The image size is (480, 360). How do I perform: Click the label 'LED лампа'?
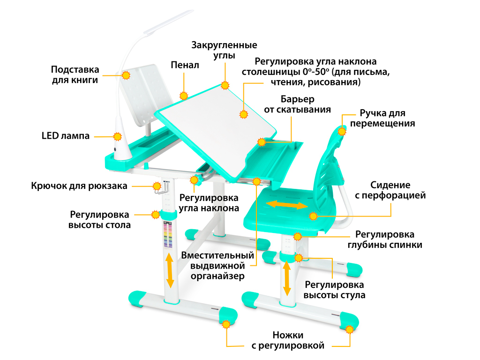pyautogui.click(x=66, y=135)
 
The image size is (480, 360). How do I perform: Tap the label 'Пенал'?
pyautogui.click(x=185, y=65)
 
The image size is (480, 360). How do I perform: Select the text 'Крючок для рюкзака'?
pyautogui.click(x=79, y=186)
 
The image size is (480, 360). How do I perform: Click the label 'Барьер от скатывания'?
pyautogui.click(x=298, y=105)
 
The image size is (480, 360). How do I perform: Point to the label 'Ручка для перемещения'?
pyautogui.click(x=382, y=118)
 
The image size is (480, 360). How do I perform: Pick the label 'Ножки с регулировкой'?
pyautogui.click(x=288, y=340)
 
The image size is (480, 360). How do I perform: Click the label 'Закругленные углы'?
pyautogui.click(x=225, y=50)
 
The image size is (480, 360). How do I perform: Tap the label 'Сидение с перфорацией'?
pyautogui.click(x=390, y=190)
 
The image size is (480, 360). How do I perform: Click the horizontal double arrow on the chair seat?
pyautogui.click(x=287, y=205)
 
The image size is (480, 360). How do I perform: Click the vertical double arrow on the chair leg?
pyautogui.click(x=287, y=278)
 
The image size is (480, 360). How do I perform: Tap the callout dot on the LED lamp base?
pyautogui.click(x=117, y=136)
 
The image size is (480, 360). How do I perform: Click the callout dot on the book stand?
pyautogui.click(x=126, y=75)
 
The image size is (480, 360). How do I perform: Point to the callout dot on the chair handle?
pyautogui.click(x=342, y=132)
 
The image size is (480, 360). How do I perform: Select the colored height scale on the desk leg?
pyautogui.click(x=168, y=234)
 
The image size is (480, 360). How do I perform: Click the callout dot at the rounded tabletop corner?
pyautogui.click(x=225, y=85)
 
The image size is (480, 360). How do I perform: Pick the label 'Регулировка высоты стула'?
pyautogui.click(x=334, y=290)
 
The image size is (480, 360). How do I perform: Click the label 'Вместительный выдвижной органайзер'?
pyautogui.click(x=217, y=266)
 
